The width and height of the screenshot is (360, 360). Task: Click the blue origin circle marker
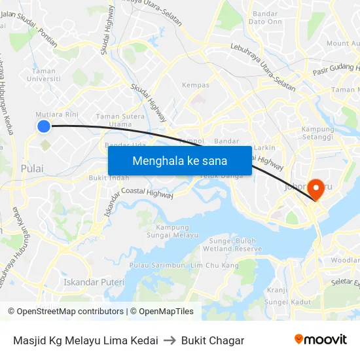[x=43, y=126]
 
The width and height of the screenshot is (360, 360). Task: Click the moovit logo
[x=321, y=340]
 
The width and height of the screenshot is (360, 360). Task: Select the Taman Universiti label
[x=43, y=75]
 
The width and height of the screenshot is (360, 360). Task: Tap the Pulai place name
[x=31, y=168]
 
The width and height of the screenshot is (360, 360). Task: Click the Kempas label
[x=196, y=85]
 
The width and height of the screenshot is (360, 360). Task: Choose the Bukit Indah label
[x=109, y=177]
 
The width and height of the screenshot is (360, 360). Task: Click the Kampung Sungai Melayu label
[x=172, y=230]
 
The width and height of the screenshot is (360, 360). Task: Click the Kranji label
[x=278, y=289]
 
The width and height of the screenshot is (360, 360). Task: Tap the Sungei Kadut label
[x=291, y=302]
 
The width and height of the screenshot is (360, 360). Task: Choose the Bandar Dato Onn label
[x=264, y=18]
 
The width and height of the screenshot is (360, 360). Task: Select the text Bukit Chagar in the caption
[x=213, y=340]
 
